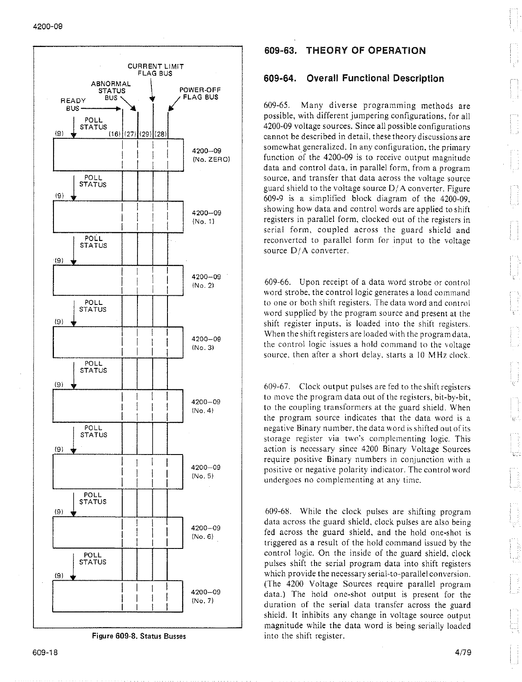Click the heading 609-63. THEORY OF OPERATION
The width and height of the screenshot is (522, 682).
(345, 50)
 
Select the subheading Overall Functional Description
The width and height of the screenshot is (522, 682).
(354, 79)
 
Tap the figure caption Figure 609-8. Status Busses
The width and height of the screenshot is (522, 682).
(139, 636)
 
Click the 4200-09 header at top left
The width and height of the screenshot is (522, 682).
(48, 26)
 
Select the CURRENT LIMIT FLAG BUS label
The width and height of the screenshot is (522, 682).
(155, 70)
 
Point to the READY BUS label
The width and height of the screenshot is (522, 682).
(73, 104)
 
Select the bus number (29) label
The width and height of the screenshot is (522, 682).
(145, 134)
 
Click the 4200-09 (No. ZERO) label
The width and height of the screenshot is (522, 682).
(210, 155)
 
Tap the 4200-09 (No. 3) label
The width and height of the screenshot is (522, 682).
(207, 343)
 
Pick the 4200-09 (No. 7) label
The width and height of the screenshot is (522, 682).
(207, 596)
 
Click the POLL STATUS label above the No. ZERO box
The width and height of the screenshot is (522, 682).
(93, 124)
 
